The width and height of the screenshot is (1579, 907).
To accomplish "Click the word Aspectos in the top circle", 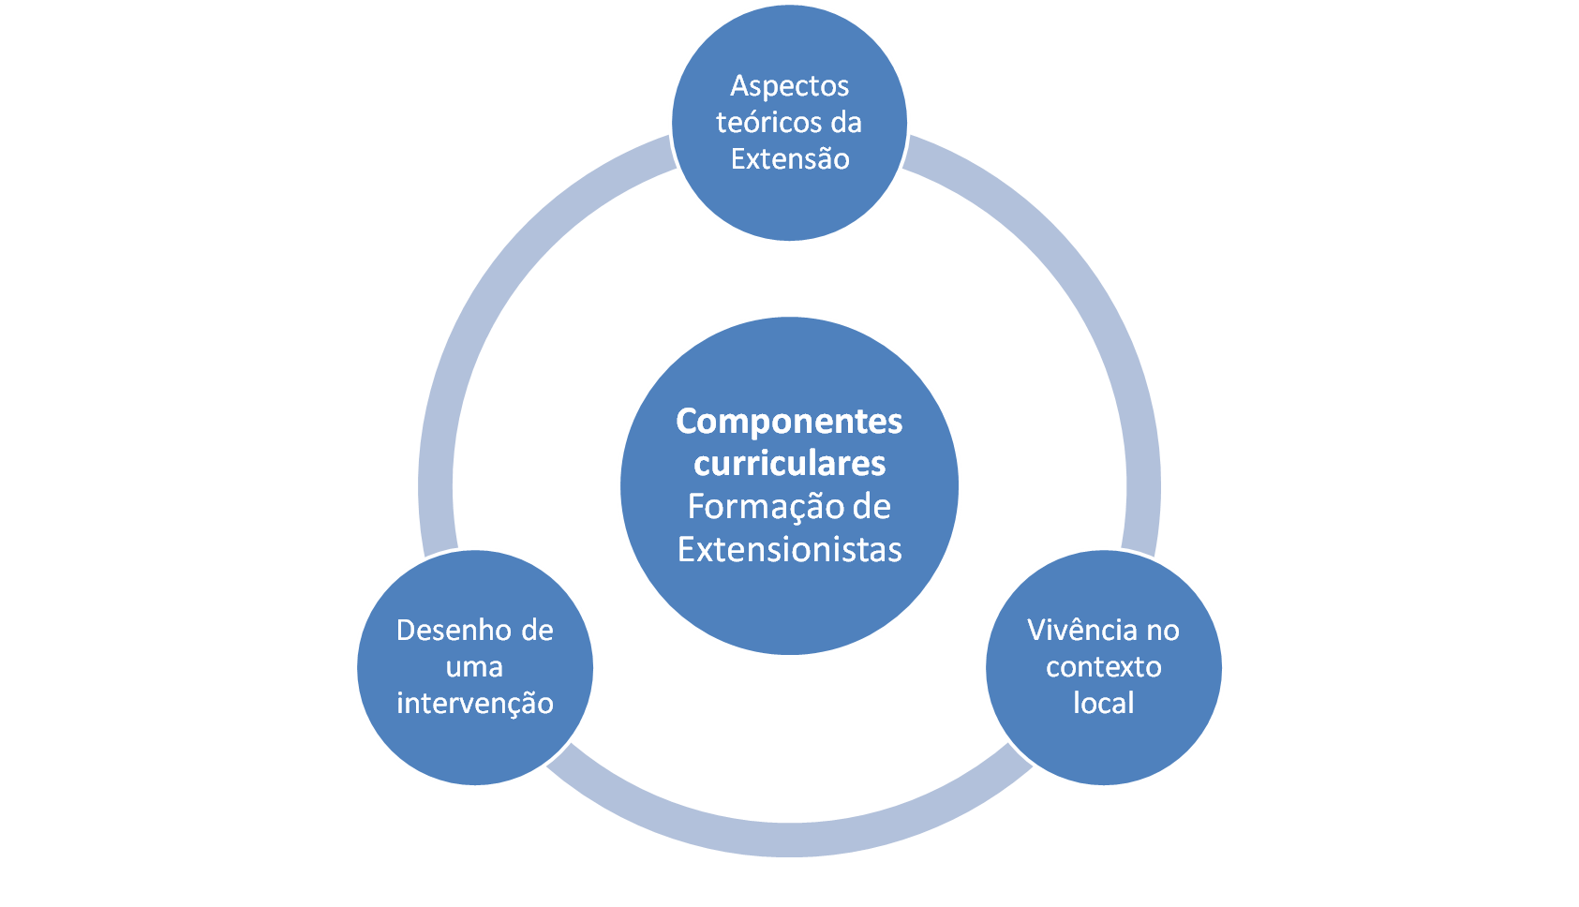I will click(789, 86).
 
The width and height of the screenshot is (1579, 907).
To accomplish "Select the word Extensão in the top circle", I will click(790, 159).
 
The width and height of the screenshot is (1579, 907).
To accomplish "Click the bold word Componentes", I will click(789, 422).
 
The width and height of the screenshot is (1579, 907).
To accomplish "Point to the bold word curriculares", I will click(789, 464).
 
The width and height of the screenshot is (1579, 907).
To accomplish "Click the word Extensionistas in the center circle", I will click(789, 550).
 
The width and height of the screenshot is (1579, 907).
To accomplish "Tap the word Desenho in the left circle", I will click(445, 631).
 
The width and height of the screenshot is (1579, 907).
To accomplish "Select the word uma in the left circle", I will click(474, 667).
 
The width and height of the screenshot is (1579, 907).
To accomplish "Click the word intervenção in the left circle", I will click(474, 704).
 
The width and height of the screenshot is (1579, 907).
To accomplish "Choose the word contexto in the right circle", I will click(1103, 667).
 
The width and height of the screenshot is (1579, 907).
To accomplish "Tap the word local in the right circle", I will click(1103, 704).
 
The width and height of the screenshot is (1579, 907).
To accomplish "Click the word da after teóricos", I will click(845, 123).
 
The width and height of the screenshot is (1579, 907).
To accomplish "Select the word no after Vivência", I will click(1162, 631).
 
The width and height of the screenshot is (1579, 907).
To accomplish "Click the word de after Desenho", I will click(537, 631).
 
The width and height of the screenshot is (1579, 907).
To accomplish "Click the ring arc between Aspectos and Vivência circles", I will click(1078, 281).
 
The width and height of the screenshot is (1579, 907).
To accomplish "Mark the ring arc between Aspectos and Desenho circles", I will click(501, 281).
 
